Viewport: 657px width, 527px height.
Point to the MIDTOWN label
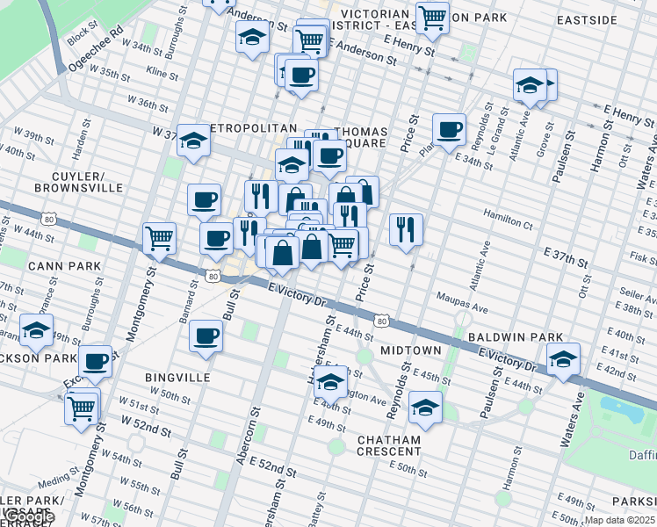pyautogui.click(x=410, y=350)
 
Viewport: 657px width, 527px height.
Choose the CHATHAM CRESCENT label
pyautogui.click(x=389, y=444)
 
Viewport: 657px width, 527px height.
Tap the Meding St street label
pyautogui.click(x=54, y=480)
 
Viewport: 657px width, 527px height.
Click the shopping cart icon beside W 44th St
pyautogui.click(x=159, y=236)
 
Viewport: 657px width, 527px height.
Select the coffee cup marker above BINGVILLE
pyautogui.click(x=206, y=335)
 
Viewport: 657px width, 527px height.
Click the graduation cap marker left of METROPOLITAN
pyautogui.click(x=193, y=140)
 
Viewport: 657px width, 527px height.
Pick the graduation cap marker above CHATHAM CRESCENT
pyautogui.click(x=425, y=407)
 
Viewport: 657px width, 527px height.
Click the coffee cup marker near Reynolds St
pyautogui.click(x=449, y=129)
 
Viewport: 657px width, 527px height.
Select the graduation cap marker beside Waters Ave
pyautogui.click(x=563, y=357)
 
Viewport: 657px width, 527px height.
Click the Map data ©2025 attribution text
pyautogui.click(x=620, y=520)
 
